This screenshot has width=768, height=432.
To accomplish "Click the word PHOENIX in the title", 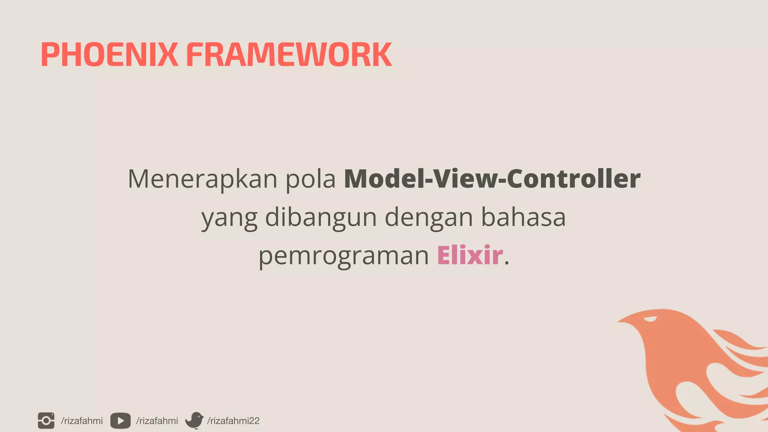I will click(109, 55).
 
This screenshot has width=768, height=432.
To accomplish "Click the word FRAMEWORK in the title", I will click(289, 55).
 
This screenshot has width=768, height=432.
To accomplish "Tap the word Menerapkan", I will click(202, 179).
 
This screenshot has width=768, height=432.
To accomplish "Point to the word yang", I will click(229, 218).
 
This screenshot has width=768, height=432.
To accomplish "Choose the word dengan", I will click(429, 218).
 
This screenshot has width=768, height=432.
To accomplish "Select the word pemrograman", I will click(343, 256).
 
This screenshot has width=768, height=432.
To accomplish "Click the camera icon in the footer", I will click(46, 420).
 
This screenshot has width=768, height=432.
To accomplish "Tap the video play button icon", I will click(120, 421).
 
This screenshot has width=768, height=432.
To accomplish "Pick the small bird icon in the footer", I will click(194, 420).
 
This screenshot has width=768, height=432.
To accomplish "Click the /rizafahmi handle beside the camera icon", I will click(82, 421).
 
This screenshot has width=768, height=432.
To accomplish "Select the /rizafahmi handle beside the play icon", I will click(157, 421).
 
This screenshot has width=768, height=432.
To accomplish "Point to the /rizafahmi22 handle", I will click(233, 421).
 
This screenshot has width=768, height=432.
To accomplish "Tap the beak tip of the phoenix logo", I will click(619, 321).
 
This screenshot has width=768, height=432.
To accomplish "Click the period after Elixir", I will click(507, 264).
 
